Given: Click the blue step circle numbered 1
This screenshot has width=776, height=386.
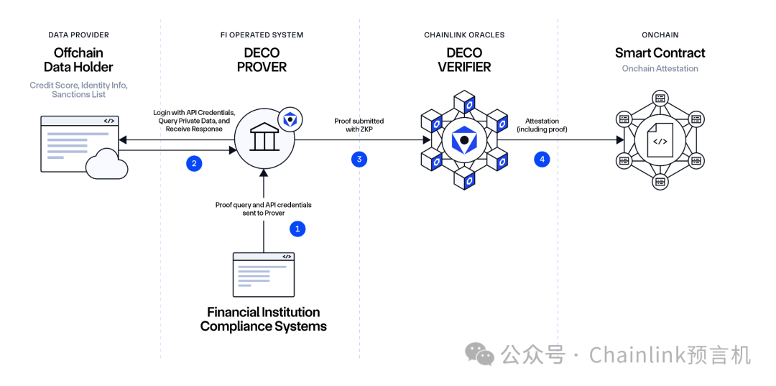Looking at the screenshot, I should point(297,229).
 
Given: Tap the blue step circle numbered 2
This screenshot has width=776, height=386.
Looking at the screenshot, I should point(194,163).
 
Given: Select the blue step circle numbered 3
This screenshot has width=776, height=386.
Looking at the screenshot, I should point(359,159).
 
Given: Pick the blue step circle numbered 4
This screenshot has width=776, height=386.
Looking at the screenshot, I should point(542,159).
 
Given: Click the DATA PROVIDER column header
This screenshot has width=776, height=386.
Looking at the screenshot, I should point(78,35).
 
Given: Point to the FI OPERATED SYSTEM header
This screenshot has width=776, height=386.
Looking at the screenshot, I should point(262,35).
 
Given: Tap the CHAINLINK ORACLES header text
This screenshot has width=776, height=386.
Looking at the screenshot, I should point(464,35).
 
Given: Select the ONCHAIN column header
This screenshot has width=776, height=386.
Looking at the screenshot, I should point(660,35).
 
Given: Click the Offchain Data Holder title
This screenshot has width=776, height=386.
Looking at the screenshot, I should point(78,60).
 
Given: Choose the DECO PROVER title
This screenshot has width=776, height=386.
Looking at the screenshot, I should point(262,60).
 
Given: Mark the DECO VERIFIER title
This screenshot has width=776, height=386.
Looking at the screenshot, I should point(464,60).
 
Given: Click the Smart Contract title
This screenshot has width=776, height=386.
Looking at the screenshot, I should point(660,53).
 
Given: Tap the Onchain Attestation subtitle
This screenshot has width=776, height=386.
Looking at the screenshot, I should point(660,68).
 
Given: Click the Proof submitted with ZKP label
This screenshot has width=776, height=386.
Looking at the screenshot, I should point(359,125).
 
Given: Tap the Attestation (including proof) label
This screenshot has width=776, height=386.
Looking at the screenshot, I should point(542,125).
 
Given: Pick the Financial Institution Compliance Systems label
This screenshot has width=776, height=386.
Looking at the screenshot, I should point(263,319).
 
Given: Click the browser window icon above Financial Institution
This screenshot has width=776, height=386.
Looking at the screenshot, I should point(264,274).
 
